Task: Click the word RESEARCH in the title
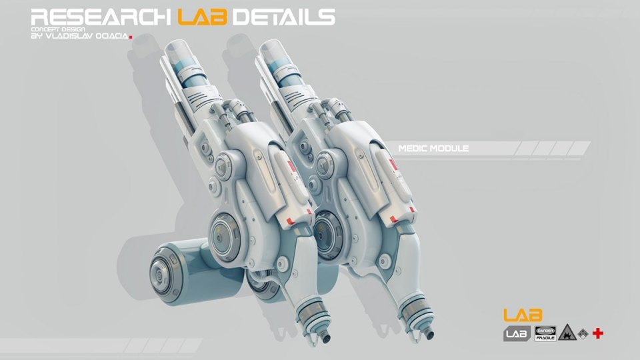coord(101,17)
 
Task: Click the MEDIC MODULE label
coord(433,148)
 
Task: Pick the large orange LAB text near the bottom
coord(523,315)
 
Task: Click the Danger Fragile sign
coord(545,333)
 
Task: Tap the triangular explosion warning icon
coord(567,333)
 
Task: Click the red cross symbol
coord(598,333)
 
